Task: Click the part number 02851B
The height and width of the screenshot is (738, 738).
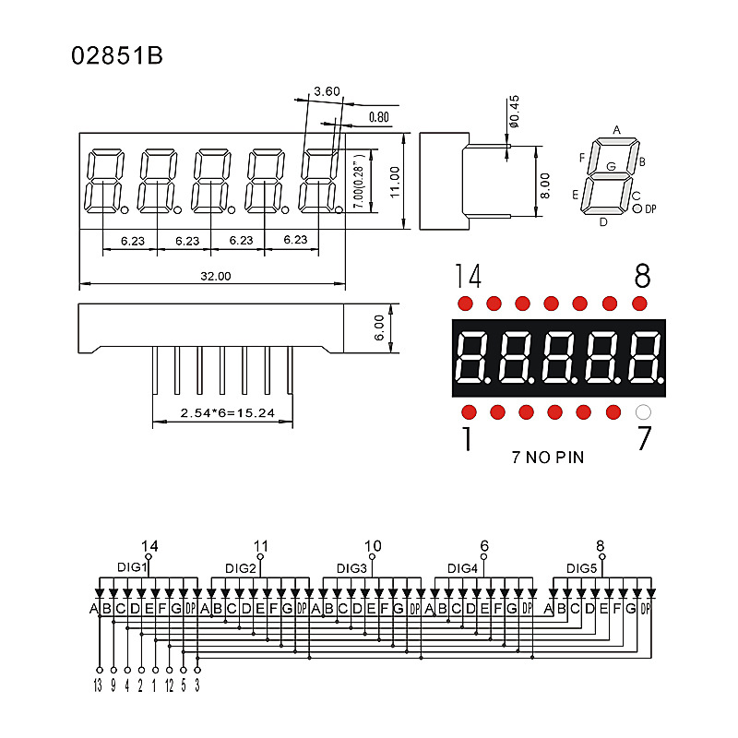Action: click(x=117, y=56)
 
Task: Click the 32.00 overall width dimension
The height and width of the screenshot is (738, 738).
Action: click(x=215, y=276)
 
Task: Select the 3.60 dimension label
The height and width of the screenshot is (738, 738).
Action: click(x=327, y=91)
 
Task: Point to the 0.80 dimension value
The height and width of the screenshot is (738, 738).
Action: click(x=378, y=117)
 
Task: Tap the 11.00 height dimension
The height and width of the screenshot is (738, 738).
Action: click(x=394, y=182)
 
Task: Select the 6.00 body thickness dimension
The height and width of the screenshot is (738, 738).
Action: click(x=379, y=327)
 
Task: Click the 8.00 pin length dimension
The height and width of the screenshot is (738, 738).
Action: click(x=545, y=186)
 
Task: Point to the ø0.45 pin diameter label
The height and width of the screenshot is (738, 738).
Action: click(x=516, y=112)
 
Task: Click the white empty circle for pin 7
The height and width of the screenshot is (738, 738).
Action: click(x=644, y=412)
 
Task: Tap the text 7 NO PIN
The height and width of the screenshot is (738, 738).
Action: click(x=547, y=457)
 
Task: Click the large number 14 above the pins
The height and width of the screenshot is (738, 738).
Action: click(x=468, y=276)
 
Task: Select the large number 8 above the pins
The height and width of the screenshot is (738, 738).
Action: click(x=643, y=276)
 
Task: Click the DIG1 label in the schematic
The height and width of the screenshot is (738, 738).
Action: click(x=132, y=566)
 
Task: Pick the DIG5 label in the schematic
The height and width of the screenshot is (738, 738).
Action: click(x=582, y=567)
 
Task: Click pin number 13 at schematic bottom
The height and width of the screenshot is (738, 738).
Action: click(x=98, y=685)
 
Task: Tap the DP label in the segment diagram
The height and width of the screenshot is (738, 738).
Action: click(x=649, y=209)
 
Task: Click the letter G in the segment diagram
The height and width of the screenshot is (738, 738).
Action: click(x=611, y=166)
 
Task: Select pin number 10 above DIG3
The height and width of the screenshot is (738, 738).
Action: click(x=373, y=546)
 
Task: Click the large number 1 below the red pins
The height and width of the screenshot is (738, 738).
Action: click(x=467, y=440)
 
